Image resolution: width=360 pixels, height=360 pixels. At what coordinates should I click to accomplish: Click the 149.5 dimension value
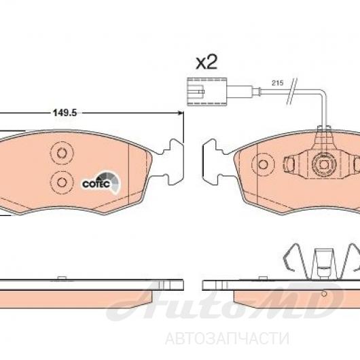click(x=65, y=113)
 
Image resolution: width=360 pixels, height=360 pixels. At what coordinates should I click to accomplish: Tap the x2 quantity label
click(x=206, y=62)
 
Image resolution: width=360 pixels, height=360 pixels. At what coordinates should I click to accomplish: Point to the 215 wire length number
click(x=278, y=83)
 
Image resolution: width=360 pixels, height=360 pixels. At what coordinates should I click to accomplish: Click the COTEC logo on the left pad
click(x=101, y=183)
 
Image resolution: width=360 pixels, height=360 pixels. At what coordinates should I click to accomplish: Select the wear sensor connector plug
click(x=207, y=92)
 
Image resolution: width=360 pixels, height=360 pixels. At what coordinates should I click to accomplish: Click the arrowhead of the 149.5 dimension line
click(x=181, y=113)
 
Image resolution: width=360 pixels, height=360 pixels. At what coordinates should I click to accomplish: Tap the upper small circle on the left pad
click(x=62, y=153)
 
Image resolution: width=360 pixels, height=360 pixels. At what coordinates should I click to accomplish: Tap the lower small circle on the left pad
click(x=62, y=183)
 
